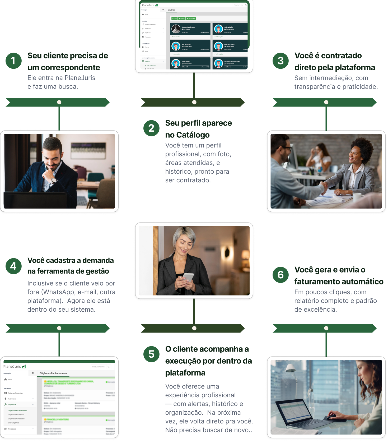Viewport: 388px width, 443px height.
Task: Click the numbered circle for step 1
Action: coord(13,61)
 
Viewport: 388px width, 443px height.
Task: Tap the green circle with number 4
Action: coord(13,266)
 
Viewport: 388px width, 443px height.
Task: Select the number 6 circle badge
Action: coord(281,275)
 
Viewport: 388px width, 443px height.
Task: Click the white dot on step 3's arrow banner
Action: coord(326,102)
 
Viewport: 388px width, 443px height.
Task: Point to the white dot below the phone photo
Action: coord(194,328)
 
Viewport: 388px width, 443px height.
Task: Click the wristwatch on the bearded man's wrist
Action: coord(54,181)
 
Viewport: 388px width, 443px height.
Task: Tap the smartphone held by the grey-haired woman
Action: coord(188,277)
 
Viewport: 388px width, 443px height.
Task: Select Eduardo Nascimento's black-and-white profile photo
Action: coord(176,29)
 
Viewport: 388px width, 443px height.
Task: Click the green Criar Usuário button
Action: coord(191,19)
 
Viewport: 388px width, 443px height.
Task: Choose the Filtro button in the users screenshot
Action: coord(174,19)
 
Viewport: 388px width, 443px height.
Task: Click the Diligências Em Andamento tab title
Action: coord(53,373)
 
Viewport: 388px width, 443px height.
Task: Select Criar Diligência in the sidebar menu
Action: coord(13,423)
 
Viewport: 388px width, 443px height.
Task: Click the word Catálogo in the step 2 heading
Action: coord(193,135)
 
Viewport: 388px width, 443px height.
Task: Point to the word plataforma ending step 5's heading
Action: coord(185,373)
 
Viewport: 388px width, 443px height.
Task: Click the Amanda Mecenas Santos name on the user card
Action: coord(232,62)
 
